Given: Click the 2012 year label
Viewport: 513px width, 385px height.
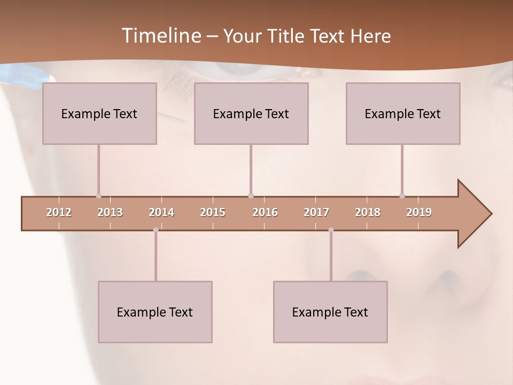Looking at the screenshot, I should (59, 212).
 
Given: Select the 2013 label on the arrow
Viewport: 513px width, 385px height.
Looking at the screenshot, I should (110, 212).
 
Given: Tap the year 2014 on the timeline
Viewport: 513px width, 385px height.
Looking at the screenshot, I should (161, 212).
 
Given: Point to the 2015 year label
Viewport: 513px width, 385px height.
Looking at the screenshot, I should (213, 212).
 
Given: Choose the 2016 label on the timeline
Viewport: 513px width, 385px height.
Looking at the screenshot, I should (265, 212).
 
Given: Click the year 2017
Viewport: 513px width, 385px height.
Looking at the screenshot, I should (316, 212).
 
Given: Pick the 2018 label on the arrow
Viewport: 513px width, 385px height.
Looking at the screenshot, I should (368, 212).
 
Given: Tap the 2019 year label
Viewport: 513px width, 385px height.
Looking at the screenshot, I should (419, 212).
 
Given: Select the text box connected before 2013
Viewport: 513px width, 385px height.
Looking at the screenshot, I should (99, 113).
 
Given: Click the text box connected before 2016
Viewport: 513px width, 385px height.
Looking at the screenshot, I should (251, 113).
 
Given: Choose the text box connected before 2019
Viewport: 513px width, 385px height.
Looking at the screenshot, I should (403, 113).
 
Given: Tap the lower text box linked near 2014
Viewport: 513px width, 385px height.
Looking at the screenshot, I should (155, 312).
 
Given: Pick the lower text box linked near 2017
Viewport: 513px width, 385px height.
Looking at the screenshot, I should (330, 312).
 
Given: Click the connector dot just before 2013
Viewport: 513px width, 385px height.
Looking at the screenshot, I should (98, 196).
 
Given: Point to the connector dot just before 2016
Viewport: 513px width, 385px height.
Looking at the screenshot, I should (251, 196).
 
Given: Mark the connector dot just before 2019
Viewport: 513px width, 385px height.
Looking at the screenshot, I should (402, 196).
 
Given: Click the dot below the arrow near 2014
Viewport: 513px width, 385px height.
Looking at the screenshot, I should (156, 230).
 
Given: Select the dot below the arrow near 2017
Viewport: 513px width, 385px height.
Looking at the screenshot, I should (331, 230).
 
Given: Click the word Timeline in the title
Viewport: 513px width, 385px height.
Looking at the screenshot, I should (160, 35).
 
